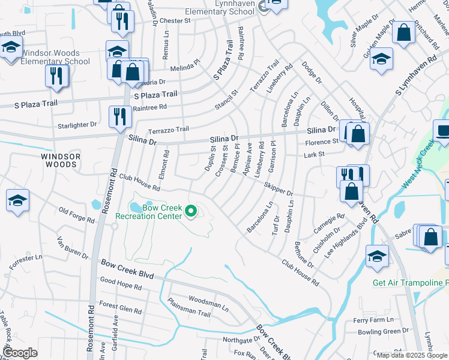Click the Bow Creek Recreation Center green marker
click(191, 210)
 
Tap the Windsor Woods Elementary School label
click(55, 57)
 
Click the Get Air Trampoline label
click(410, 283)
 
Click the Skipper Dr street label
click(277, 189)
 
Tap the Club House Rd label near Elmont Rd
click(139, 182)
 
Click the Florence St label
click(322, 142)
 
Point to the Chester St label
click(175, 20)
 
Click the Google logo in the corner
click(20, 353)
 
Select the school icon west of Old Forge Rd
click(17, 200)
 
